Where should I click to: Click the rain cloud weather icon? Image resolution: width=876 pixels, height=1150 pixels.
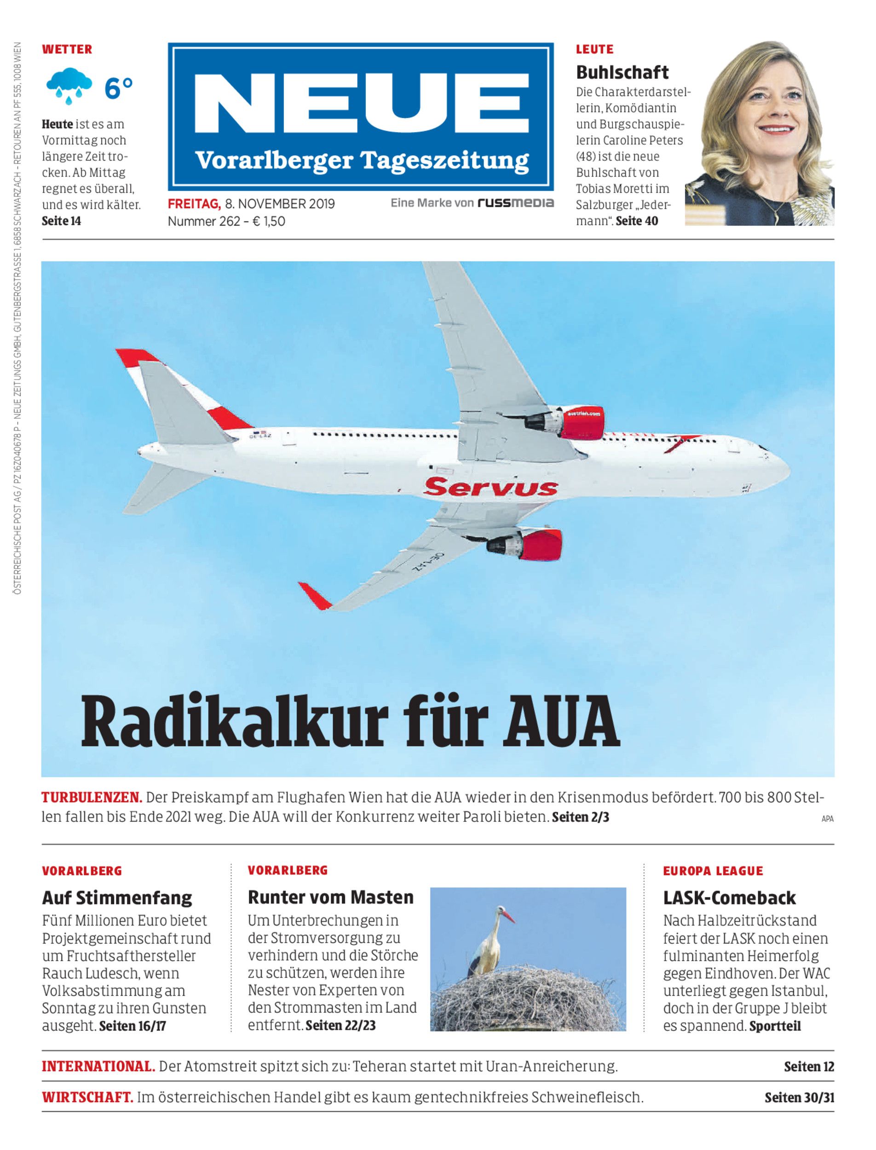(x=69, y=86)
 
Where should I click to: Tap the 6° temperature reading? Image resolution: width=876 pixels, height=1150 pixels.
(x=119, y=88)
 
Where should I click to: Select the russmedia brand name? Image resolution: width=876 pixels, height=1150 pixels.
(x=516, y=203)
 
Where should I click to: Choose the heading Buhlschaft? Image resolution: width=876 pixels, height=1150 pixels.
(x=622, y=72)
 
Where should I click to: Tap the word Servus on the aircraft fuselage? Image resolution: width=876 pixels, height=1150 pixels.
(x=490, y=488)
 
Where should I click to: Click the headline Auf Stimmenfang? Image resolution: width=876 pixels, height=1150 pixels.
(x=117, y=897)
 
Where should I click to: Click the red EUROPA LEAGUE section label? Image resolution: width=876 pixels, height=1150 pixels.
(x=713, y=871)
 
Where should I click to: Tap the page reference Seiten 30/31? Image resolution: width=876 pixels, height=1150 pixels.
(x=799, y=1098)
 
